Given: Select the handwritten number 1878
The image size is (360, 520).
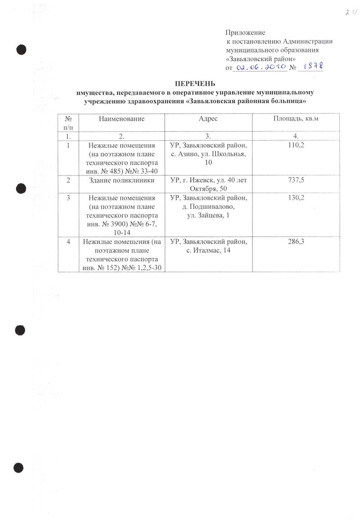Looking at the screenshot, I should (313, 66).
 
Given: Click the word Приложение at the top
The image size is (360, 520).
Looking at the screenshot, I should (245, 33).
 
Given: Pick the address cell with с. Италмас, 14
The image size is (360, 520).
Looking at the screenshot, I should (208, 246).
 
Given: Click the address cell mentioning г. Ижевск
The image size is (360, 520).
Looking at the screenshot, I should (208, 184).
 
